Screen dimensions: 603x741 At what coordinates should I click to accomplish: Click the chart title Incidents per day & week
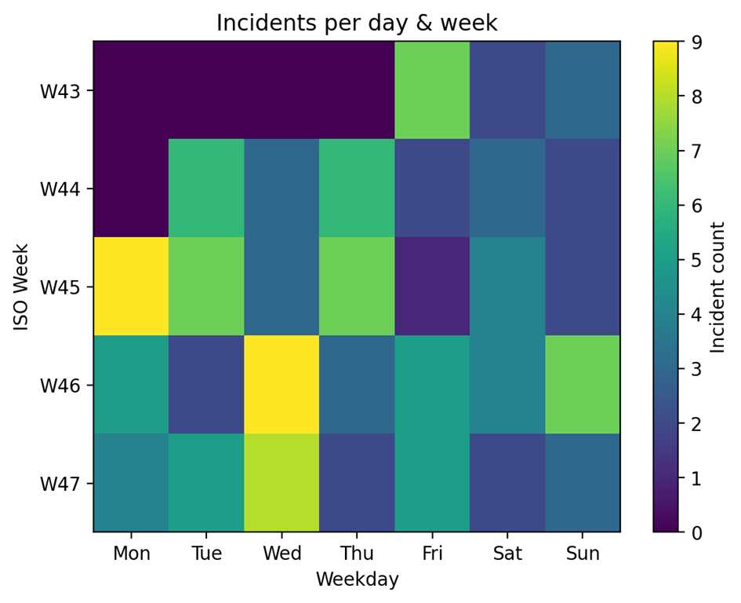click(x=357, y=23)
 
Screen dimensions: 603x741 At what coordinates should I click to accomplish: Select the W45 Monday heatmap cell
click(x=131, y=287)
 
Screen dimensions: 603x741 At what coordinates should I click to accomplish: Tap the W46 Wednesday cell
click(x=282, y=385)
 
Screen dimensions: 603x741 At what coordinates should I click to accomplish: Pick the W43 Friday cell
click(x=432, y=90)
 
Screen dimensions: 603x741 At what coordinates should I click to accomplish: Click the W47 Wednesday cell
click(x=282, y=483)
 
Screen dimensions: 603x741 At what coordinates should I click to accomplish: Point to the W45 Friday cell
click(x=432, y=287)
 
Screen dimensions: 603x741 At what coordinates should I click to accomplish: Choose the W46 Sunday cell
click(x=583, y=385)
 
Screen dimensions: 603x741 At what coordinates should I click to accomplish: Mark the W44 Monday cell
click(x=131, y=188)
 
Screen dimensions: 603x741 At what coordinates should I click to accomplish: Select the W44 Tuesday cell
click(x=206, y=188)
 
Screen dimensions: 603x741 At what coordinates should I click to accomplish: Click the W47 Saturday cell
click(x=507, y=483)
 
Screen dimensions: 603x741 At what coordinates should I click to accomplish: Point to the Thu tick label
click(x=357, y=554)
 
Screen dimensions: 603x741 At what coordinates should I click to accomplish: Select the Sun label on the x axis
click(x=583, y=554)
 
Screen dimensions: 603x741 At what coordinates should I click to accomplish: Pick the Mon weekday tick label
click(x=131, y=554)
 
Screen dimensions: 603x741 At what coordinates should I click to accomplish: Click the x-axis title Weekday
click(x=357, y=580)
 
